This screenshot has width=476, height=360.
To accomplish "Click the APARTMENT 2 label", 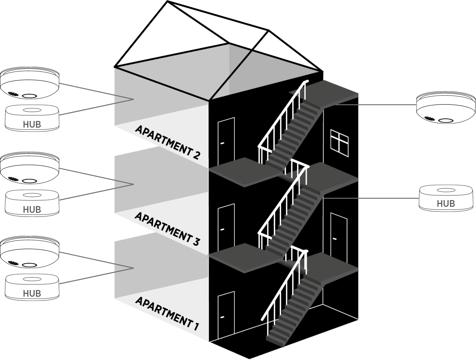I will click(168, 142).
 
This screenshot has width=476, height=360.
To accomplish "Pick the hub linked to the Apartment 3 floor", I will click(32, 203).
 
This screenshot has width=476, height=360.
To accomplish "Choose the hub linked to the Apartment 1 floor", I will click(32, 287).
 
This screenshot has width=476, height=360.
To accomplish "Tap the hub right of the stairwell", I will click(446, 198).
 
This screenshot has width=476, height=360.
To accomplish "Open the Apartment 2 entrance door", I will click(226, 141).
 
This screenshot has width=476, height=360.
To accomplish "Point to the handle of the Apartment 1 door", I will click(222, 317).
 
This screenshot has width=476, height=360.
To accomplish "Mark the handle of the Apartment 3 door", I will click(222, 229).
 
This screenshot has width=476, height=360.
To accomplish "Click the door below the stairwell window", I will click(339, 235).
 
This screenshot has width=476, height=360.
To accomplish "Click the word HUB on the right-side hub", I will click(446, 203).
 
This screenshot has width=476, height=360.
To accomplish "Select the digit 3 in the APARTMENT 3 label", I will click(195, 242).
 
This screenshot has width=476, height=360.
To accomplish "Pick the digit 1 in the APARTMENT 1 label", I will click(196, 325).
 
